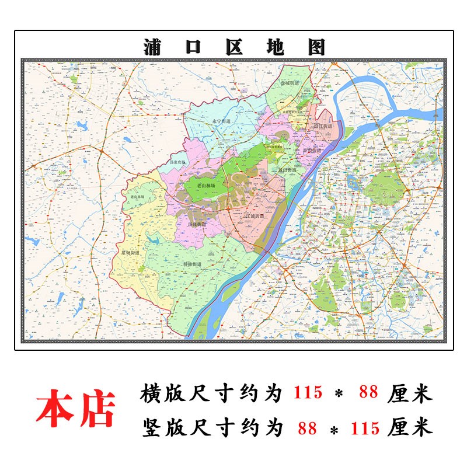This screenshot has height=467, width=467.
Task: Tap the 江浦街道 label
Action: point(255,217)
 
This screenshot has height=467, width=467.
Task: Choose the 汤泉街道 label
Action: point(197,224)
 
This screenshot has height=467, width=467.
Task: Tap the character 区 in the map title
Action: point(233,47)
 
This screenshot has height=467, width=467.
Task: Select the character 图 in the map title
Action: point(314,47)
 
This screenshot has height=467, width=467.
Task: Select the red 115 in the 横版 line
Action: point(307,393)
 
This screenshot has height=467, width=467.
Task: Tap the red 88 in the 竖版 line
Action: point(307,428)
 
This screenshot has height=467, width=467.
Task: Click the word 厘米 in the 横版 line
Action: point(410,393)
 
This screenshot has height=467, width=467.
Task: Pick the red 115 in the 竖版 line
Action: point(365,428)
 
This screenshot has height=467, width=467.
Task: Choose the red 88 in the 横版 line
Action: point(369,393)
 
